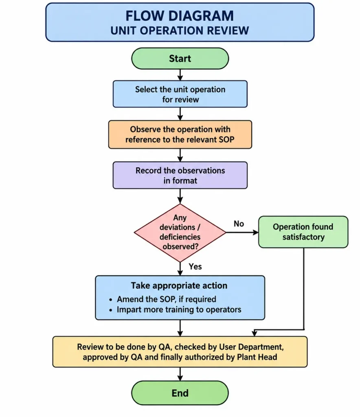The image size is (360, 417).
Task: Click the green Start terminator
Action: pyautogui.click(x=180, y=59)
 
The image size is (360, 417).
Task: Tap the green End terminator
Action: pyautogui.click(x=180, y=393)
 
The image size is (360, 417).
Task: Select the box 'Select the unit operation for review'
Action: pyautogui.click(x=180, y=94)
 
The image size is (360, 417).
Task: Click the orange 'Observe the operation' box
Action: pyautogui.click(x=180, y=134)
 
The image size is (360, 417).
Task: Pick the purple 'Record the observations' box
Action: pyautogui.click(x=180, y=175)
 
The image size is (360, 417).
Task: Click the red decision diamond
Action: pyautogui.click(x=180, y=233)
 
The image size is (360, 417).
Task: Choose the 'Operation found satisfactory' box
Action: pyautogui.click(x=303, y=232)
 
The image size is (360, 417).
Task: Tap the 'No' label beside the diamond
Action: pyautogui.click(x=239, y=224)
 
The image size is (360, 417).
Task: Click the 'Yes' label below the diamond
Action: pyautogui.click(x=195, y=266)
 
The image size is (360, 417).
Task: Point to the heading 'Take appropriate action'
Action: pyautogui.click(x=179, y=285)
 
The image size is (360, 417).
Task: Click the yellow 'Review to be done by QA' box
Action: pyautogui.click(x=180, y=352)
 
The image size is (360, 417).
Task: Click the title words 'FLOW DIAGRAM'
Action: pyautogui.click(x=180, y=16)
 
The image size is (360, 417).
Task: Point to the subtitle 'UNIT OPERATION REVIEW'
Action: pyautogui.click(x=180, y=31)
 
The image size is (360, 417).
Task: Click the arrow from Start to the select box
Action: pyautogui.click(x=180, y=75)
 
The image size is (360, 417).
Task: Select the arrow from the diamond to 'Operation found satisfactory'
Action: pyautogui.click(x=242, y=233)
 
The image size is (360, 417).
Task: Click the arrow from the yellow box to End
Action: pyautogui.click(x=180, y=374)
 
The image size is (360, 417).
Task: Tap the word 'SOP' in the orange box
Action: pyautogui.click(x=226, y=139)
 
